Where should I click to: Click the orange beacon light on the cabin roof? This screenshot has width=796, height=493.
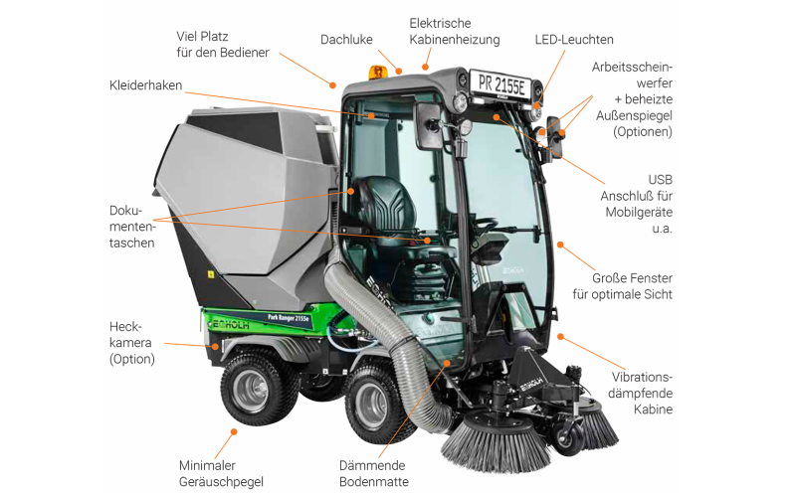point(377,72)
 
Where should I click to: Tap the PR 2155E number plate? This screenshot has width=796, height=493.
point(501,84)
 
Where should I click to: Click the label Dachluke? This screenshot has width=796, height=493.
point(346,40)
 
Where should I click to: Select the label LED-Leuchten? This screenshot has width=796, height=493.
point(574,40)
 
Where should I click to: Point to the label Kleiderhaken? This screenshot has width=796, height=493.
point(145,85)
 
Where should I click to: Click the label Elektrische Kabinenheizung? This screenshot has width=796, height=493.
point(455,32)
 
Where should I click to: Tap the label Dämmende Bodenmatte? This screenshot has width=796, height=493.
point(374,473)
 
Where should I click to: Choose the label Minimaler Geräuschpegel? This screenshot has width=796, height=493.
point(221,473)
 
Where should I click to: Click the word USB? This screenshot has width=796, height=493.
point(660,180)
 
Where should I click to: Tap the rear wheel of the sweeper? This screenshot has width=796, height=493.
point(252,390)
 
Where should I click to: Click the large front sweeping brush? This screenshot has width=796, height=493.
point(495,440)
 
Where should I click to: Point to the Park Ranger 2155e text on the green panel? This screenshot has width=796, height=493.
point(288,318)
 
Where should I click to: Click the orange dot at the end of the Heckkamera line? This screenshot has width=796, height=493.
point(215,347)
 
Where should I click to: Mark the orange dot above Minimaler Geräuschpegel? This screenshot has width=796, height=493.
point(234,432)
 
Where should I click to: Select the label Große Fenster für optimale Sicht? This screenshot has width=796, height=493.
point(622,286)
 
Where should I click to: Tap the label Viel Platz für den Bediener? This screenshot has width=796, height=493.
point(222,44)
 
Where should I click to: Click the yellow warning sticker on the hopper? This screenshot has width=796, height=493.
point(211,274)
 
